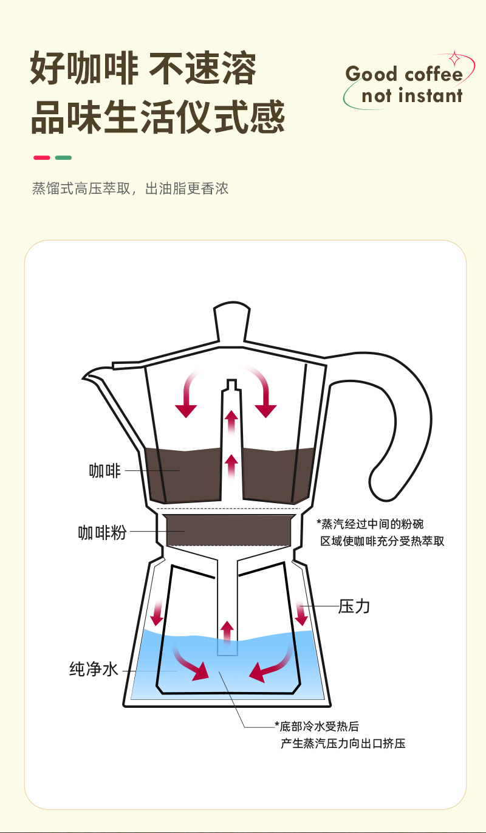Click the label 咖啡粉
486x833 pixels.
(102, 532)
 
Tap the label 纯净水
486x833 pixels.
(94, 670)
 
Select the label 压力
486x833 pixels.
(354, 606)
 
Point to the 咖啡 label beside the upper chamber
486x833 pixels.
(105, 470)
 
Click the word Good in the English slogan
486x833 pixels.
(371, 75)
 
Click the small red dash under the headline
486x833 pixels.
(41, 158)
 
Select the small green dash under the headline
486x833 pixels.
(63, 158)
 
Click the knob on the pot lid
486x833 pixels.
(231, 322)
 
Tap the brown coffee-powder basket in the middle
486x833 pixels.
(231, 530)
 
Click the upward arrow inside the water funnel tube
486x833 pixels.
(227, 632)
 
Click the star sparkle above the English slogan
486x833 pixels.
(454, 59)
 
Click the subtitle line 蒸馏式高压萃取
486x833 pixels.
(130, 188)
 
